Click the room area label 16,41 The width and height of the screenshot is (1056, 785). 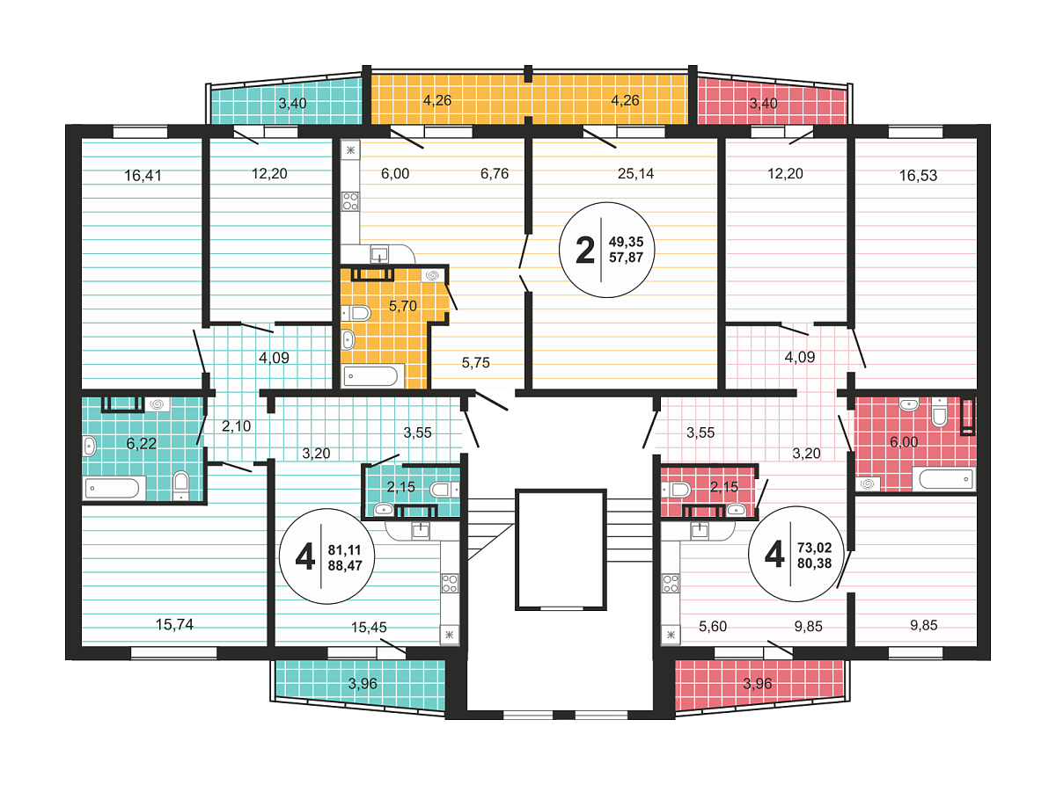[x=143, y=176]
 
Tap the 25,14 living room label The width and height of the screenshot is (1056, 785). [x=635, y=174]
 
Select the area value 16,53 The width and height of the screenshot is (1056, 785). [x=918, y=176]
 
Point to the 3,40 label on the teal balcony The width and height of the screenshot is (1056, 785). [x=292, y=103]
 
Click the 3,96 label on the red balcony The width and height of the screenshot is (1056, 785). [x=758, y=684]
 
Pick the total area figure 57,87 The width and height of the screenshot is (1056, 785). [x=626, y=258]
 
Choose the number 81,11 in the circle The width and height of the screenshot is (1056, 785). [x=345, y=550]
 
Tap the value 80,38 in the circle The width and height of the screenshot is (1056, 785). [x=815, y=563]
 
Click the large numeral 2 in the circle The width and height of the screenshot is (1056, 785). [x=585, y=250]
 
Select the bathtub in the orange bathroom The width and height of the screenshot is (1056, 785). [x=370, y=376]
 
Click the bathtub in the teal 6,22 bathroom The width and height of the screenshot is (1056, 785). [x=113, y=488]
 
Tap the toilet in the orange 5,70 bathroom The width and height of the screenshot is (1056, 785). [x=356, y=314]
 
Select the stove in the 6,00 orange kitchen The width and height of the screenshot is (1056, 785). [x=350, y=201]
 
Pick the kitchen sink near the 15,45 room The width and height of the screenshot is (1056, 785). [x=421, y=530]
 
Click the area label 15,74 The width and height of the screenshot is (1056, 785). [x=175, y=625]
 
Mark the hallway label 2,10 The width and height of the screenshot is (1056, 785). [x=236, y=426]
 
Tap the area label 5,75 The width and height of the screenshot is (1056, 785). [x=475, y=363]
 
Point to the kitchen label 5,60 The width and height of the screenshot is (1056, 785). [x=713, y=627]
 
